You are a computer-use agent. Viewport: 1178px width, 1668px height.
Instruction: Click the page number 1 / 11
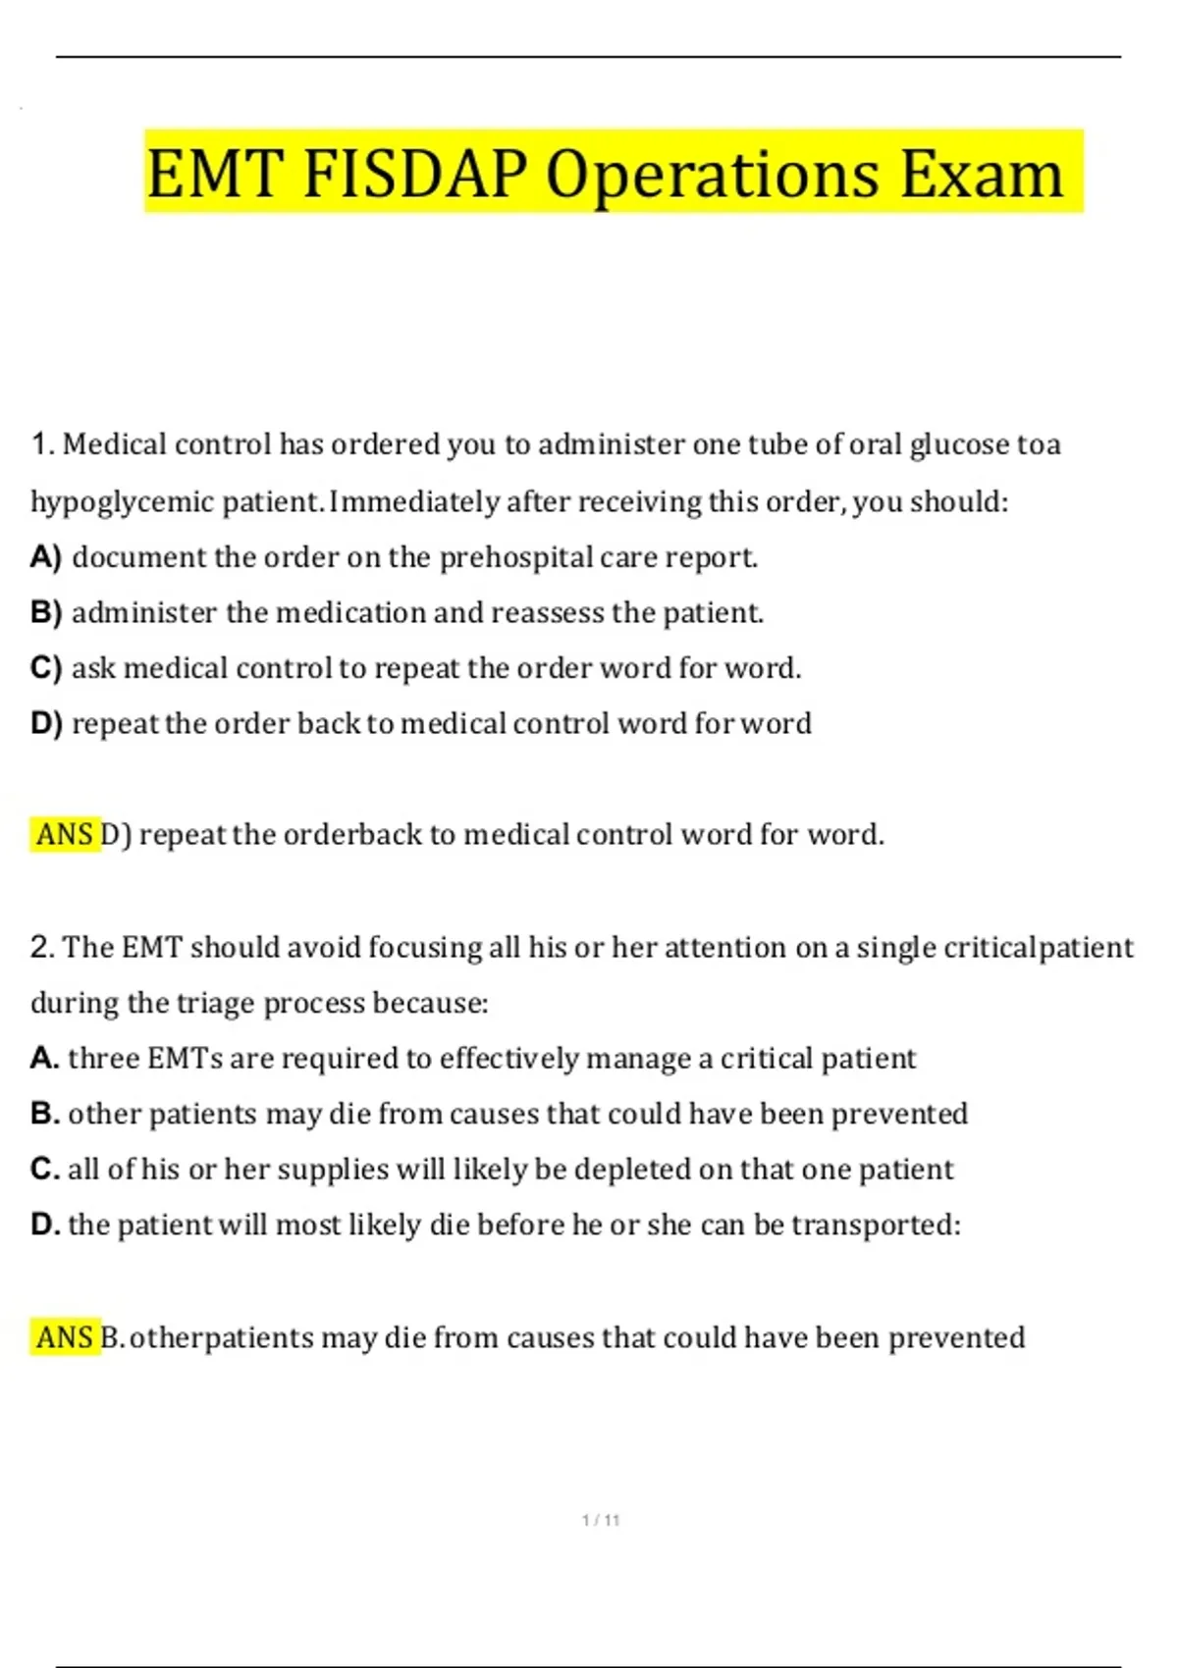click(601, 1520)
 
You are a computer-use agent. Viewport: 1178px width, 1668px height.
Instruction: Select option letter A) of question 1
click(46, 557)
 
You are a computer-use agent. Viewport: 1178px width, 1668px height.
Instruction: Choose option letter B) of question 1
click(46, 613)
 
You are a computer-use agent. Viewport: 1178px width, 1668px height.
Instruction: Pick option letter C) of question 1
click(46, 668)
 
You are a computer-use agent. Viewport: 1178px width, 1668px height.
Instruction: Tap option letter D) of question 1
click(46, 724)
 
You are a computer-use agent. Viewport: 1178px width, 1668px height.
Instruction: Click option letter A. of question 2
click(45, 1058)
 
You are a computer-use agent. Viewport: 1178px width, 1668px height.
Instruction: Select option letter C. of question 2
click(45, 1169)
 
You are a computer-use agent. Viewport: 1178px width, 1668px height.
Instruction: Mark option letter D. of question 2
click(45, 1225)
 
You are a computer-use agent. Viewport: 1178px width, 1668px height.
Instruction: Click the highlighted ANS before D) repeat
click(65, 835)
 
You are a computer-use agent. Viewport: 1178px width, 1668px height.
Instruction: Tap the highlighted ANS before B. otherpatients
click(65, 1337)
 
